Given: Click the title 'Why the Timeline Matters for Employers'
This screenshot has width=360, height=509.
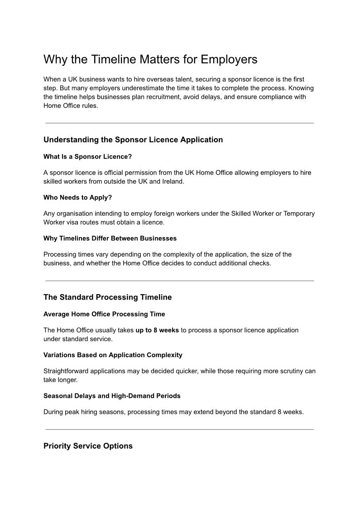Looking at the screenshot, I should point(150,59).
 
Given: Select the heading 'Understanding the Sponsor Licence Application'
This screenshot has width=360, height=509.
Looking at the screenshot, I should point(133,140).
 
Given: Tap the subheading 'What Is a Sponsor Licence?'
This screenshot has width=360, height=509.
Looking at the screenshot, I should point(87,156).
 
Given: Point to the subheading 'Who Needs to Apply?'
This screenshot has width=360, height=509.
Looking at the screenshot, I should point(77,197).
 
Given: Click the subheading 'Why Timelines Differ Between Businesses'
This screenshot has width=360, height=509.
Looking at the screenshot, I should point(110,238).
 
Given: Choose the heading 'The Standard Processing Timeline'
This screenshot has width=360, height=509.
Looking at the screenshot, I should point(107,297).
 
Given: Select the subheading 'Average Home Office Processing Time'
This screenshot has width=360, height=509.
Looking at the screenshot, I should point(104,314).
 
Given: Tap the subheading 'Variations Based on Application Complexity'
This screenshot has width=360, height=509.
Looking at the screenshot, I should point(113,355).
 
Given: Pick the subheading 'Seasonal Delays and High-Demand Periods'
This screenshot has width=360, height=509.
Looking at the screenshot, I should point(112,396).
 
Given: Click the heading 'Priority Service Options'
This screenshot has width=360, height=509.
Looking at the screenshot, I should point(88,446).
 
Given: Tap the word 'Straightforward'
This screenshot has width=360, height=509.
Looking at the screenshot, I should point(66,371).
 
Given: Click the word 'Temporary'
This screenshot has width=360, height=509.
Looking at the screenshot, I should point(299,213).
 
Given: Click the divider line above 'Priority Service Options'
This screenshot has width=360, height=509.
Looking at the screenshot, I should point(179,429).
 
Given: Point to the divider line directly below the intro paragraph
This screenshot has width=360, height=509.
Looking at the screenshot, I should point(179,123).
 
